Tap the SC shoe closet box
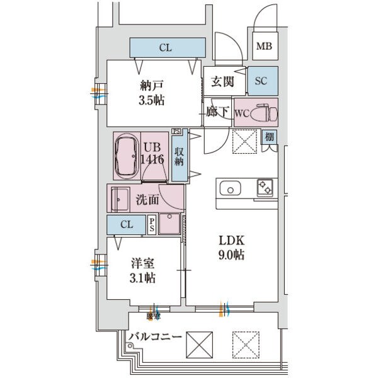click(x=261, y=80)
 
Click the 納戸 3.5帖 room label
click(x=152, y=93)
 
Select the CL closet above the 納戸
click(x=167, y=47)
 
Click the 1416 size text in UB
click(x=154, y=160)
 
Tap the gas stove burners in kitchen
click(x=264, y=187)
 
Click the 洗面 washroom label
click(x=147, y=200)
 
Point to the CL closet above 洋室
click(x=127, y=225)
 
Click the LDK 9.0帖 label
click(x=231, y=248)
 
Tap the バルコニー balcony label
click(x=155, y=338)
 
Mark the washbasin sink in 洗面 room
click(x=120, y=200)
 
